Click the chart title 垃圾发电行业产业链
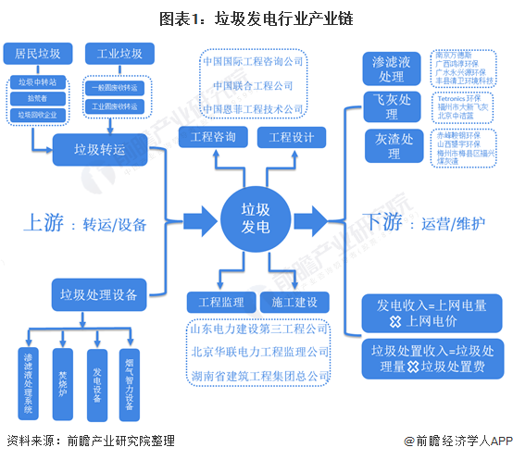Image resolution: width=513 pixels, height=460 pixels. click(x=256, y=18)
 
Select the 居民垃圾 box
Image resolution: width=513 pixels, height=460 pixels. click(x=37, y=54)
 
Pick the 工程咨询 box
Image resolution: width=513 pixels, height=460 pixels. click(x=212, y=139)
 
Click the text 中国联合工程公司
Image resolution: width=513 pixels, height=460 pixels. click(x=253, y=85)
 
